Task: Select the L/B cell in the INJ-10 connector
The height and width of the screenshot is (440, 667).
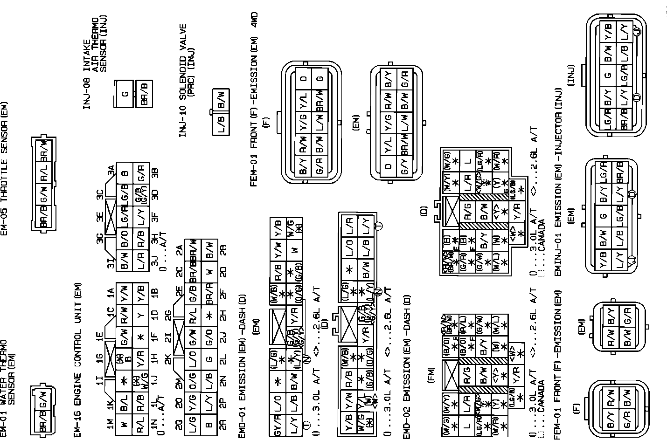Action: (221, 124)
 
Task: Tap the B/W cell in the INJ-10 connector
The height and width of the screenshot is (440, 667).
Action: (221, 99)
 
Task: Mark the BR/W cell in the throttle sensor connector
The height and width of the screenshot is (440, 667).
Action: (43, 149)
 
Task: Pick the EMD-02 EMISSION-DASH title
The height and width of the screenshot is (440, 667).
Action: (407, 366)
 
